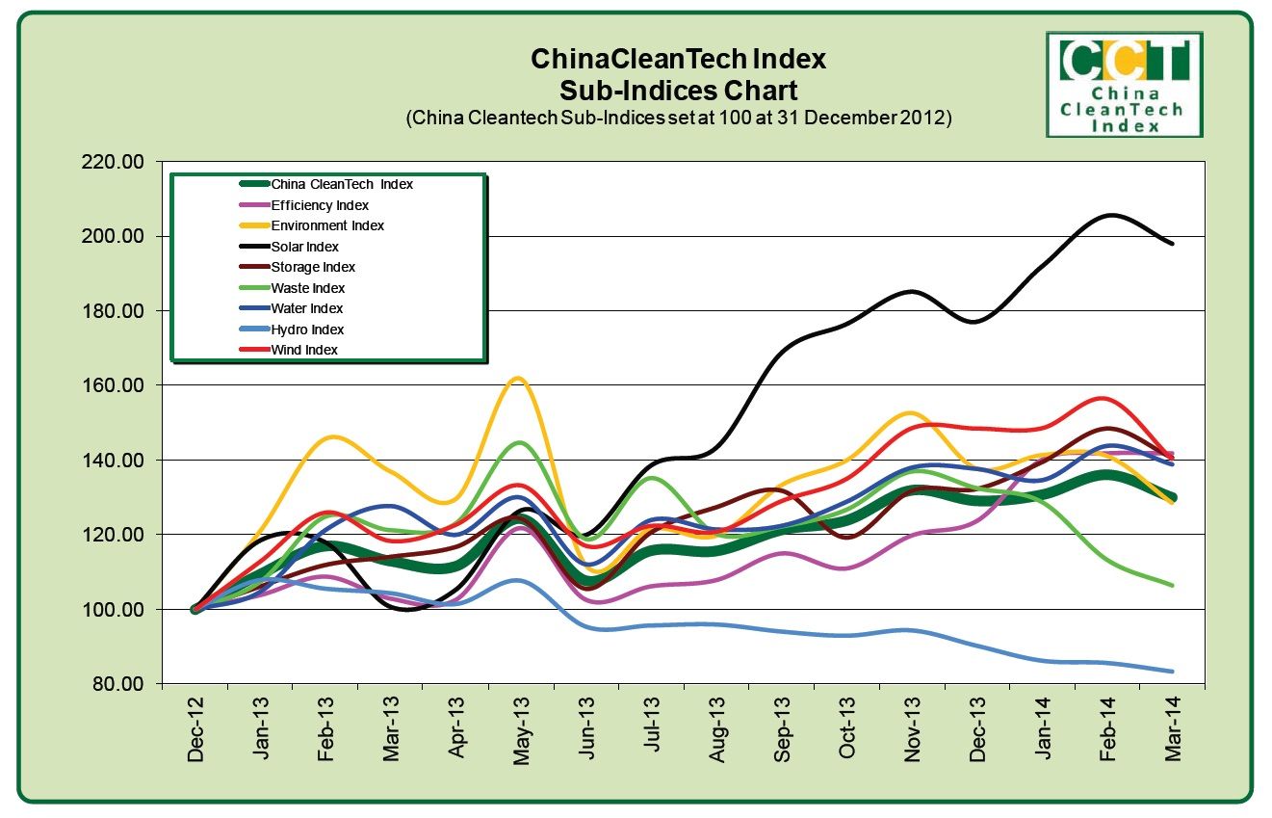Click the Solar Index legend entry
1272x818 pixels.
click(304, 247)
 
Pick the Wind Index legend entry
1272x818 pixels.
click(304, 350)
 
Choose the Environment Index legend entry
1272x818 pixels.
click(327, 225)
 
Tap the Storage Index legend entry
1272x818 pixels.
click(313, 267)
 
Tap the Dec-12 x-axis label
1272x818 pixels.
click(196, 736)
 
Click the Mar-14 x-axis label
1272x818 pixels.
click(1173, 736)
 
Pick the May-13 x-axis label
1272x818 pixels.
click(522, 736)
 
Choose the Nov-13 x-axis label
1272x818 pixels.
click(913, 736)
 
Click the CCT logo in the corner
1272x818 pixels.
click(1124, 84)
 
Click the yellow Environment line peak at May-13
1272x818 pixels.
click(518, 378)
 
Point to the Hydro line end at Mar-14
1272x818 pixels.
click(1172, 672)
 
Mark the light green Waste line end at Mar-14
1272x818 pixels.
click(1172, 585)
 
